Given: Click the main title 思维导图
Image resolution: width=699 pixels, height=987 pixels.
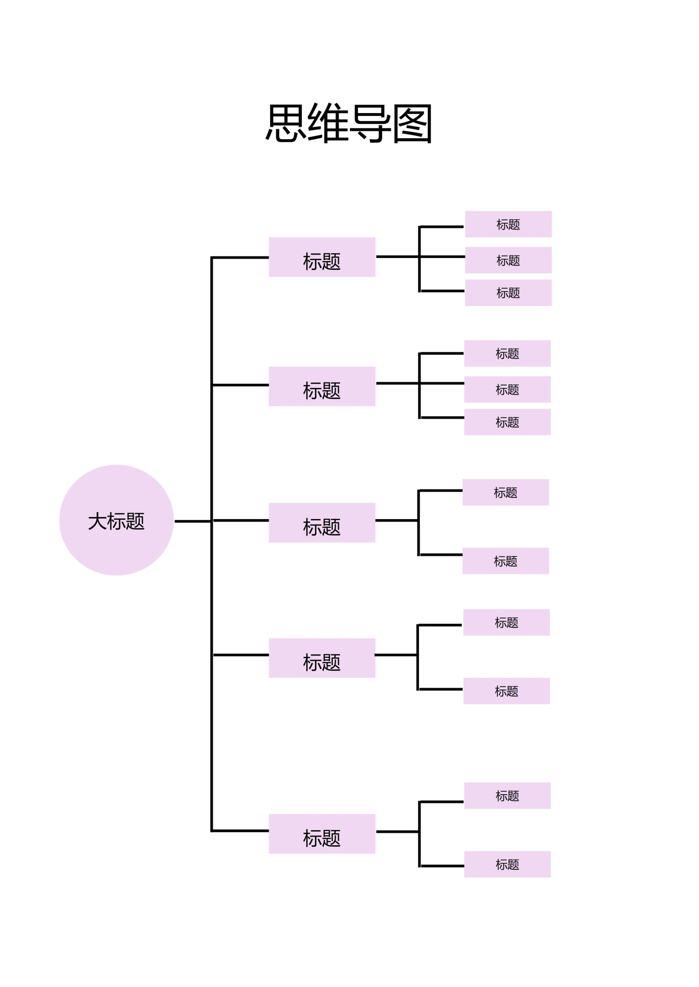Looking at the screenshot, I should coord(349,123).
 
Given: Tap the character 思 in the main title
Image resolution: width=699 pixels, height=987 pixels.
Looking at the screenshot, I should coord(286,123).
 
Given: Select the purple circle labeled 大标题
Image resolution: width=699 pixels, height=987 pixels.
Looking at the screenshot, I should coord(116,520).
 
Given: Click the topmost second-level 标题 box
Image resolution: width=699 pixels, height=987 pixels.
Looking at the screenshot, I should coord(322,257).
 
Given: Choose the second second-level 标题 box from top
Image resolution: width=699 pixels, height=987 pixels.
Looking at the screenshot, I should coord(322,386).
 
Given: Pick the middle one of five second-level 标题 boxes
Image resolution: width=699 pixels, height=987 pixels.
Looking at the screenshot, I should coord(322,522).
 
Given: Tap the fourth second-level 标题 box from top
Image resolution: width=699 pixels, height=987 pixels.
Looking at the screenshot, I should coord(322,658).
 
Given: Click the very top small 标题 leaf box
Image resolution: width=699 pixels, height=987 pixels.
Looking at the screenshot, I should coord(508,224).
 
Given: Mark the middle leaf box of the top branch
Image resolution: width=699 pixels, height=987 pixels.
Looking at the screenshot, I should coord(508,260).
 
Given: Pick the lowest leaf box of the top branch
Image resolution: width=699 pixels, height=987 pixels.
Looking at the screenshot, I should coord(508,293).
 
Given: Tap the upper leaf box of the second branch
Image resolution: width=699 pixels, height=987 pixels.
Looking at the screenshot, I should coord(508,354).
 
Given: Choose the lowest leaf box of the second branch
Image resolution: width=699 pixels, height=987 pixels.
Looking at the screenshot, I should coord(508,422).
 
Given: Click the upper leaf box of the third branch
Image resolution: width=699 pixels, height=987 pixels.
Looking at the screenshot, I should coord(506,493).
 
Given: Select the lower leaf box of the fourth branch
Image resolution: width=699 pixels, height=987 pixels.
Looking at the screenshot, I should coord(507,691).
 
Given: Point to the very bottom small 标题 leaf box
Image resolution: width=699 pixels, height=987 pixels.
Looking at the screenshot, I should coord(508,864).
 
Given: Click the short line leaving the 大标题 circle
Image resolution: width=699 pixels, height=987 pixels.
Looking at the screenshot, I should coord(192,521).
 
